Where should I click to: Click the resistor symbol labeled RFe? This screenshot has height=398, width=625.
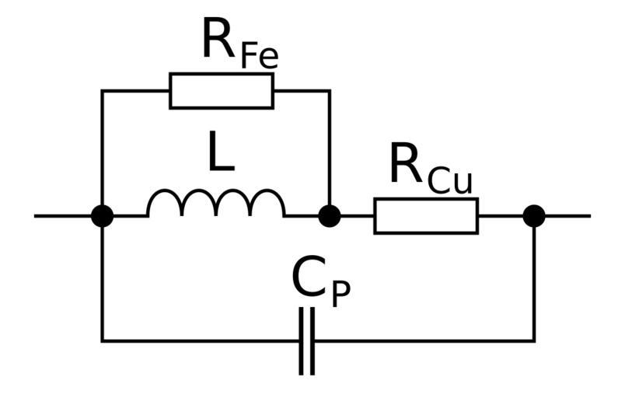pos(222,91)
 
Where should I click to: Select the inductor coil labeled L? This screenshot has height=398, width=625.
pos(216,204)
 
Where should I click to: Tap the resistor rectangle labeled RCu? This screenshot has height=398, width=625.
pos(426,215)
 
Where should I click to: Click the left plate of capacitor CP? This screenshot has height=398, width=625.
pos(302,341)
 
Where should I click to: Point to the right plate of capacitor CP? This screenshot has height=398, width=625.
pos(312,341)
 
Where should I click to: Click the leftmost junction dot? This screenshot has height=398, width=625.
pos(102,215)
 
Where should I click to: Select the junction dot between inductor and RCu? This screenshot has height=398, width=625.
pos(330,215)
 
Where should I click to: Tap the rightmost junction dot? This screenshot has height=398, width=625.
pos(533,215)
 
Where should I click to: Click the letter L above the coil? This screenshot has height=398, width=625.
pos(222,154)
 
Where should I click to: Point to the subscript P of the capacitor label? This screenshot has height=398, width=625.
pos(340,295)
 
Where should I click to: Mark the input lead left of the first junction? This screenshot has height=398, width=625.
pos(66,215)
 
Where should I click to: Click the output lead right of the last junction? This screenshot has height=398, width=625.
pos(564,215)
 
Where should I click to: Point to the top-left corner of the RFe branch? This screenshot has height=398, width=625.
pos(102,91)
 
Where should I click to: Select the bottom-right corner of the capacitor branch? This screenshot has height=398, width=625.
pos(533,340)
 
